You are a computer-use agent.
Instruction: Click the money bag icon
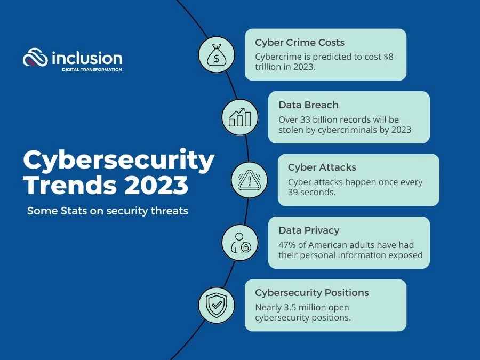point(217,55)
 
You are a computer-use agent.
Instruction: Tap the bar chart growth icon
point(239,117)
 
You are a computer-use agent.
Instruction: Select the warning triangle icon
point(249,180)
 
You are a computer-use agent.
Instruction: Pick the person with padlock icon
point(241,243)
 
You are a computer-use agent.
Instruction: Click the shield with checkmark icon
point(217,305)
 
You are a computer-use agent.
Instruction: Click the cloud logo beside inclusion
point(35,57)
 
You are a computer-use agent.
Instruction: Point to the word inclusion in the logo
point(87,58)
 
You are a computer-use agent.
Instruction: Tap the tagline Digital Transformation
point(92,69)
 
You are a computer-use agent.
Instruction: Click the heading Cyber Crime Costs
point(300,43)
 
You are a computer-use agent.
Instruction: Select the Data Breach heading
point(309,105)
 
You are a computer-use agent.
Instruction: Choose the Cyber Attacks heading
point(322,167)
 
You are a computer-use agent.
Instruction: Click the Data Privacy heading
point(309,230)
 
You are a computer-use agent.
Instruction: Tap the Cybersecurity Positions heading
point(312,293)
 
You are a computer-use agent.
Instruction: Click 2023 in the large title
point(156,185)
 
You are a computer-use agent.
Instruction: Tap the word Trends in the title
point(70,185)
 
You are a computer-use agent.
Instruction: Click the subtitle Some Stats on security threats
point(107,211)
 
